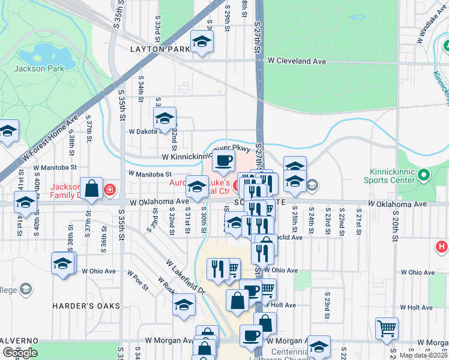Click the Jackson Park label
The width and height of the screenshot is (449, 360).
(39, 68)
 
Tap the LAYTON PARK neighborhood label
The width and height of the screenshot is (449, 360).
(155, 50)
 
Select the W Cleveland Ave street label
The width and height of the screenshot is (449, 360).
(297, 61)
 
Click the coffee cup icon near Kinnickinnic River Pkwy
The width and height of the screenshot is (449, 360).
(224, 160)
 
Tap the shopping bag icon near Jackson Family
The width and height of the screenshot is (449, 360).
(92, 188)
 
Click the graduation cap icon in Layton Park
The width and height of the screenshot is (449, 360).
(202, 41)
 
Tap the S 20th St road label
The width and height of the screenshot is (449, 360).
(396, 227)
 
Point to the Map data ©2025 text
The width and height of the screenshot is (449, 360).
(424, 355)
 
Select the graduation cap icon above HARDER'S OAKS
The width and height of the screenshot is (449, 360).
(63, 263)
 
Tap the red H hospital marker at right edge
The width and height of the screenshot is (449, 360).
(441, 246)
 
